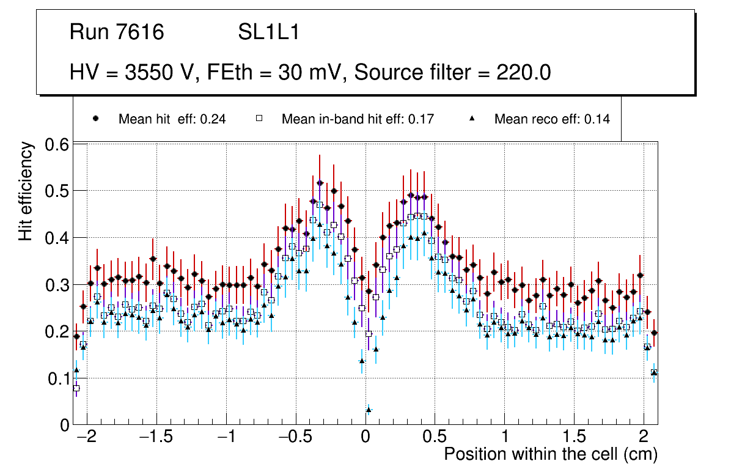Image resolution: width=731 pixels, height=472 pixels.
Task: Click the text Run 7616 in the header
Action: click(x=117, y=32)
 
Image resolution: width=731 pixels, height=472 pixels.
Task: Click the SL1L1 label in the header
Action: click(x=268, y=32)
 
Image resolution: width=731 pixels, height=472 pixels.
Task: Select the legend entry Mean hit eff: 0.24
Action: click(x=172, y=119)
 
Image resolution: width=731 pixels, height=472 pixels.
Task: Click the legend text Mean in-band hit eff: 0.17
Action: click(x=358, y=119)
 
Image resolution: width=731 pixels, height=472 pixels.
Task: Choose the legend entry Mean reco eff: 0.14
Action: click(x=551, y=119)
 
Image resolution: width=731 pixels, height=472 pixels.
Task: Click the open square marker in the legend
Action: click(x=259, y=119)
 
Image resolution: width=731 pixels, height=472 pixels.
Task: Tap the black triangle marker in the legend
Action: click(x=472, y=119)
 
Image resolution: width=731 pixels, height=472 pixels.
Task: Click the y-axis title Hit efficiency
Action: click(x=26, y=191)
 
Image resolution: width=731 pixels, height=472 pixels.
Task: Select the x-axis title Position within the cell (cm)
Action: click(x=550, y=454)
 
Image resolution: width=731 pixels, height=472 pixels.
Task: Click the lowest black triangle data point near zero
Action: click(x=369, y=410)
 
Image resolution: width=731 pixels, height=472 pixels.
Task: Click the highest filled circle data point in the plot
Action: click(x=320, y=182)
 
